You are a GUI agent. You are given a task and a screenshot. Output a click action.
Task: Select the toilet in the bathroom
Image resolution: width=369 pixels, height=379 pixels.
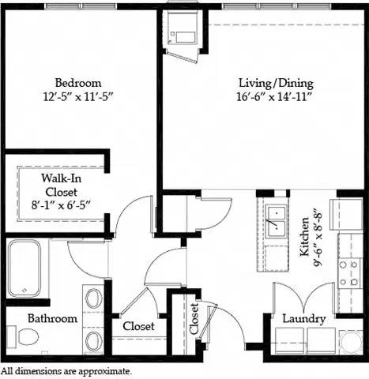pyautogui.click(x=27, y=338)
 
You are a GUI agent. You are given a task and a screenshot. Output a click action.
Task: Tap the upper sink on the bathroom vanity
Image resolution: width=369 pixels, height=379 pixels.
pyautogui.click(x=94, y=300)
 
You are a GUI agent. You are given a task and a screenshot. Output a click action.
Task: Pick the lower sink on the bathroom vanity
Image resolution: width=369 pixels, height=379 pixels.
pyautogui.click(x=94, y=341)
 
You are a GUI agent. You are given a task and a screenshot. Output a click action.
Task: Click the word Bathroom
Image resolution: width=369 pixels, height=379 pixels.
pyautogui.click(x=52, y=319)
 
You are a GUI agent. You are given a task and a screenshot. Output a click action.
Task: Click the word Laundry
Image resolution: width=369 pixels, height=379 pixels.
pyautogui.click(x=304, y=319)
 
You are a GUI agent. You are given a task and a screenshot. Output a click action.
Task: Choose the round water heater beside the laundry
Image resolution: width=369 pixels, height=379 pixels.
pyautogui.click(x=348, y=341)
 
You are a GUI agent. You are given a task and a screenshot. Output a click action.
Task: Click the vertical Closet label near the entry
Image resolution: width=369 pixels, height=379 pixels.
pyautogui.click(x=194, y=320)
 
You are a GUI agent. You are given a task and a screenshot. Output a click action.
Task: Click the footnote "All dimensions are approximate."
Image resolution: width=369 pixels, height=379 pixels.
pyautogui.click(x=66, y=370)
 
